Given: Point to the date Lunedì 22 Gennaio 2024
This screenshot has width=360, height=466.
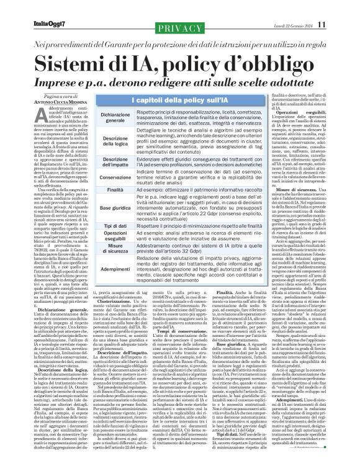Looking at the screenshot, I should (294, 7).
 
